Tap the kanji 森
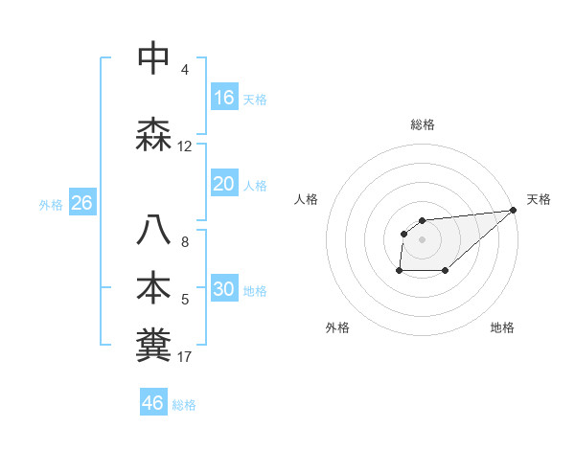click(154, 133)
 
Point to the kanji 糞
click(154, 345)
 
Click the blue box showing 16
click(224, 98)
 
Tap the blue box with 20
click(224, 184)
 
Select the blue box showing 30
click(224, 289)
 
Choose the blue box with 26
click(81, 203)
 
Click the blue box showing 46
click(153, 403)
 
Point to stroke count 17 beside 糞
click(185, 357)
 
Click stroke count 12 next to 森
click(185, 146)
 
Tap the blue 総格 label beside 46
click(185, 405)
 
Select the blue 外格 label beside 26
click(51, 204)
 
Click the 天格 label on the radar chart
click(539, 199)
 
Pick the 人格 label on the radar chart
click(306, 199)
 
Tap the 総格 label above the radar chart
click(422, 124)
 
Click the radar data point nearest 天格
click(513, 210)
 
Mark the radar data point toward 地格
click(446, 272)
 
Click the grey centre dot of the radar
click(422, 239)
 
